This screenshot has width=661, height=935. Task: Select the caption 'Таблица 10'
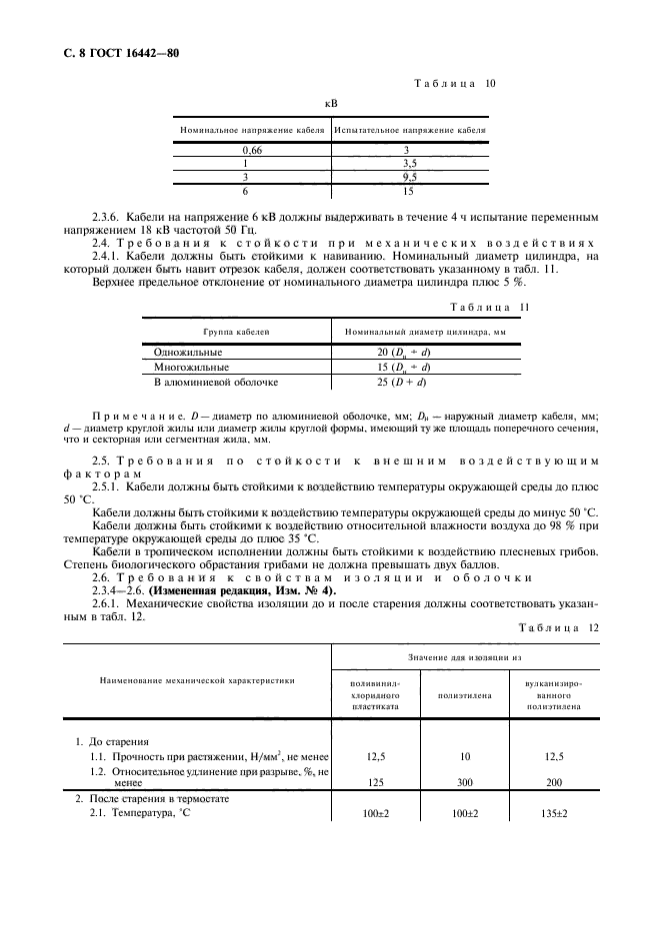coord(455,83)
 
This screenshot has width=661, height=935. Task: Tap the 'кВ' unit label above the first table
coord(330,102)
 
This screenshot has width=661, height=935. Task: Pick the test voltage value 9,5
coord(408,175)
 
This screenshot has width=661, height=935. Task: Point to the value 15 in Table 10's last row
coord(408,189)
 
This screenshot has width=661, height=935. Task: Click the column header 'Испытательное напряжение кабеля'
coord(410,130)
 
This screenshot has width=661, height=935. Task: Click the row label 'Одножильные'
coord(188,353)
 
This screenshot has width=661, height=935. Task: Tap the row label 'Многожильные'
coord(190,367)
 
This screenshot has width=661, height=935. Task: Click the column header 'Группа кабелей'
coord(236,330)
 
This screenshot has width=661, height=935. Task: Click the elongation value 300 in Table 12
coord(463,783)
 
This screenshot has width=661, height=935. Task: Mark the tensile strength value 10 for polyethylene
coord(463,756)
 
